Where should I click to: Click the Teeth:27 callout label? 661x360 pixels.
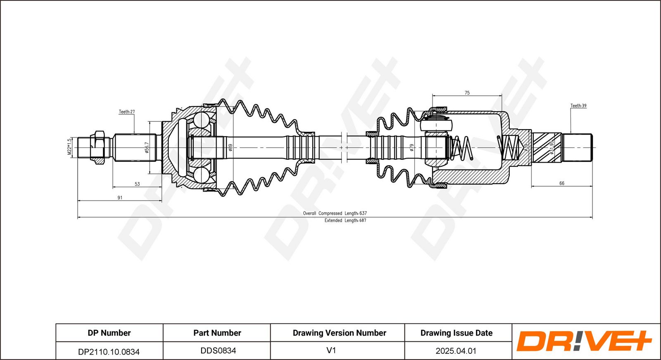point(127,112)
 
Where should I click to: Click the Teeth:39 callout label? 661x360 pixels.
point(578,106)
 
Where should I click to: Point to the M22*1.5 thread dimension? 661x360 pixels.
point(70,147)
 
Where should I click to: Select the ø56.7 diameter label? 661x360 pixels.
point(147,147)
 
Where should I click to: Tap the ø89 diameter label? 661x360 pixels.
point(231,147)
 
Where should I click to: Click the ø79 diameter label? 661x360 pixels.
point(411,147)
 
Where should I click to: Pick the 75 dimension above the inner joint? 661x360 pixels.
point(467,93)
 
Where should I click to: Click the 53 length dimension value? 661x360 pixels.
point(137,184)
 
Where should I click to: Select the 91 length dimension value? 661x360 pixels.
point(120,198)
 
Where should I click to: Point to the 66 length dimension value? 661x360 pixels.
point(561,183)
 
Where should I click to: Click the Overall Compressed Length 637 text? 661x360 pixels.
point(335,213)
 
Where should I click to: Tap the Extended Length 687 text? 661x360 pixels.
point(345,220)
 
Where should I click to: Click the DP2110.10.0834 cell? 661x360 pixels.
point(109,352)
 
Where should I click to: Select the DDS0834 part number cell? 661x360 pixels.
point(218,351)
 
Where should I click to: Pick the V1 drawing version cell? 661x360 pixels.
point(331,351)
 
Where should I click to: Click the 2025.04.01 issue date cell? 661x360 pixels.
point(456,351)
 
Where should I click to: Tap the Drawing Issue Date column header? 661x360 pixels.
point(457,333)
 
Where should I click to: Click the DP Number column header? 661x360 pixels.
point(109,333)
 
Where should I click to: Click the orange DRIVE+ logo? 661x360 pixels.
point(584,341)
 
